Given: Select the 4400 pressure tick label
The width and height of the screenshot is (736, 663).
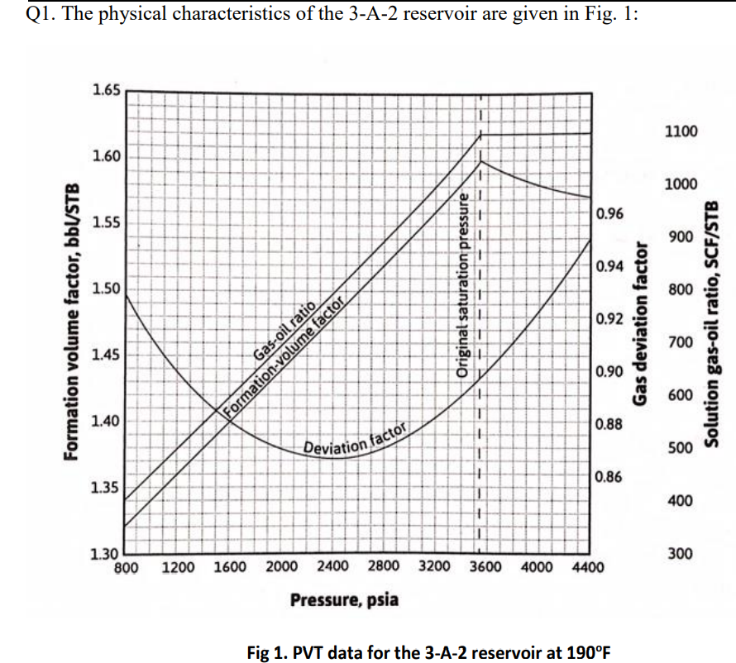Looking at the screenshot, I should (588, 568).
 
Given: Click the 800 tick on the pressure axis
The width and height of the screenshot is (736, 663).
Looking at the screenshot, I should (125, 568).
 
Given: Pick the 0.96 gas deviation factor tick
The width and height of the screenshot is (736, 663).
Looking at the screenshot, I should (609, 214).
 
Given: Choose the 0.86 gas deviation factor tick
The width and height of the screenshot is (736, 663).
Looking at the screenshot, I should (609, 478).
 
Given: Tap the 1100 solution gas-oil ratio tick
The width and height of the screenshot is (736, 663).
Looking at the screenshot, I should (681, 131).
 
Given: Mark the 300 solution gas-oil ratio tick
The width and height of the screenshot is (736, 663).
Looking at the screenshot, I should (681, 554).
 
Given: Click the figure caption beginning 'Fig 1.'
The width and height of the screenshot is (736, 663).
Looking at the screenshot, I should (428, 650).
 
